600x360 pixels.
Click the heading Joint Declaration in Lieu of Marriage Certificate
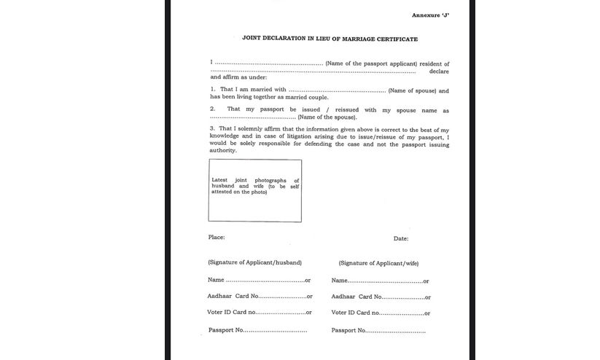[330, 38]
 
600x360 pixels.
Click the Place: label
[217, 238]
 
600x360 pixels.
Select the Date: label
[401, 238]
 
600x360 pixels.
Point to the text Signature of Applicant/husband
[254, 262]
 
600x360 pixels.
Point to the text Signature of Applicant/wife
[378, 263]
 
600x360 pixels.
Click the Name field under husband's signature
[265, 280]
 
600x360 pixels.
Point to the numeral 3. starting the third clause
[212, 128]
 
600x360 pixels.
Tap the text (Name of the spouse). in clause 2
[327, 117]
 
